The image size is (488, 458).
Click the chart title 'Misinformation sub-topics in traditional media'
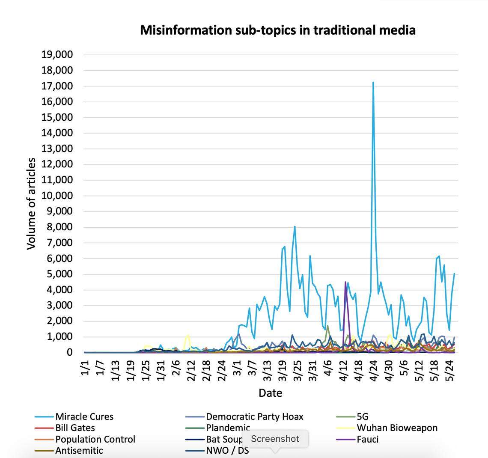pyautogui.click(x=278, y=30)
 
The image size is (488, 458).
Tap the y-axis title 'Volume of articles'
pyautogui.click(x=31, y=203)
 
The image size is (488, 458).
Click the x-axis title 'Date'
pyautogui.click(x=270, y=393)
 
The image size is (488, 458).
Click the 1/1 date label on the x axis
pyautogui.click(x=85, y=369)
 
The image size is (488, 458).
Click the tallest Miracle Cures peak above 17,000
pyautogui.click(x=373, y=83)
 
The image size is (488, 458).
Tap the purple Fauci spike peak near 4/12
pyautogui.click(x=345, y=282)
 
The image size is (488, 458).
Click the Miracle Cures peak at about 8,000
pyautogui.click(x=295, y=226)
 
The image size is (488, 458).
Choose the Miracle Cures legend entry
pyautogui.click(x=84, y=416)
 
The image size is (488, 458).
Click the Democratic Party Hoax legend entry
pyautogui.click(x=254, y=416)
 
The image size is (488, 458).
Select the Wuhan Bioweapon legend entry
pyautogui.click(x=397, y=428)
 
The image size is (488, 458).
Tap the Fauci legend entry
pyautogui.click(x=367, y=439)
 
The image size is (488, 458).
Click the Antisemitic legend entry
pyautogui.click(x=79, y=450)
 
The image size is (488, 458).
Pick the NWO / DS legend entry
pyautogui.click(x=227, y=450)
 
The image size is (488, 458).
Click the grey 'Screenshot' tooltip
pyautogui.click(x=275, y=439)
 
